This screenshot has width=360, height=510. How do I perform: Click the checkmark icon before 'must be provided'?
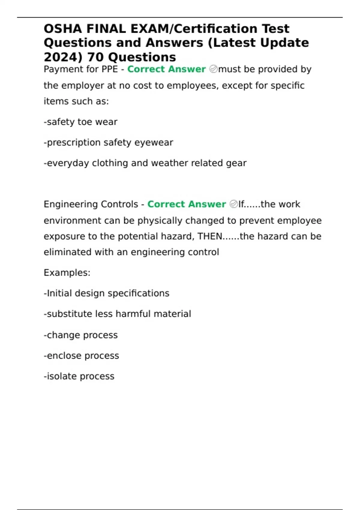(213, 69)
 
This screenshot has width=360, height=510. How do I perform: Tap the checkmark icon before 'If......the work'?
(233, 204)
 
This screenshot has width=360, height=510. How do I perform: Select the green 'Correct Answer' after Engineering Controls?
(186, 204)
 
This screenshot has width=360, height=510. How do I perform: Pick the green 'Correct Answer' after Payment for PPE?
(166, 69)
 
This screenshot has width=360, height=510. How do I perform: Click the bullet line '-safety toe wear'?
(80, 122)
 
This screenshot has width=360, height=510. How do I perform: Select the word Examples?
(67, 273)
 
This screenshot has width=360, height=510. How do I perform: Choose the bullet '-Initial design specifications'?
(106, 293)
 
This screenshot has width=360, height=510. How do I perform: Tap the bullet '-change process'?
(81, 335)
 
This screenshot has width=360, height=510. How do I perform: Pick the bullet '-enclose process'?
(81, 356)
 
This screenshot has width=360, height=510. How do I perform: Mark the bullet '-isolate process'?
(79, 376)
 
